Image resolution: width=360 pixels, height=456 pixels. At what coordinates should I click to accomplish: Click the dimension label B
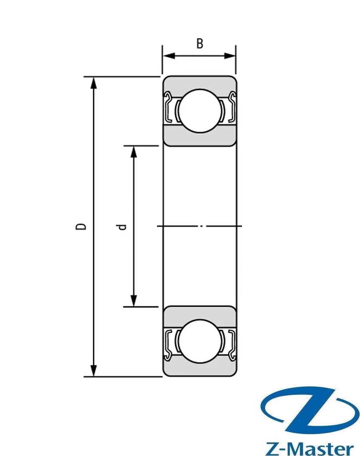(199, 44)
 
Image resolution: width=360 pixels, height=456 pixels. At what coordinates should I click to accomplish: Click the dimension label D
(81, 226)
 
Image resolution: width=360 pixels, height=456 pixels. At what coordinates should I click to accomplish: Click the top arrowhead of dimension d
(134, 152)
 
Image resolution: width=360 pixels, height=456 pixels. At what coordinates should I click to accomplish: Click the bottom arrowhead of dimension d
(134, 301)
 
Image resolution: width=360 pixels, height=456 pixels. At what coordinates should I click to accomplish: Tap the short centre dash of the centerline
(203, 226)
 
